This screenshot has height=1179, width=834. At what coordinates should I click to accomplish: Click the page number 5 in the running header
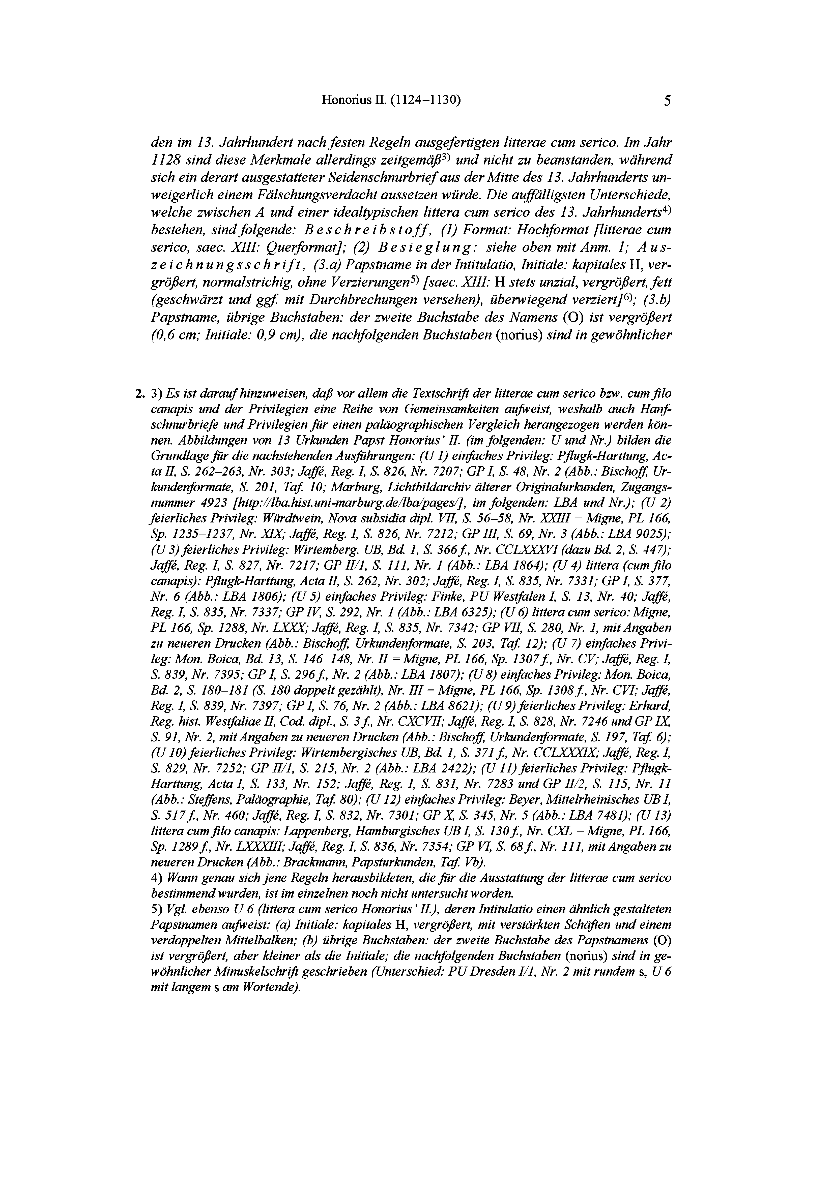coord(667,101)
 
